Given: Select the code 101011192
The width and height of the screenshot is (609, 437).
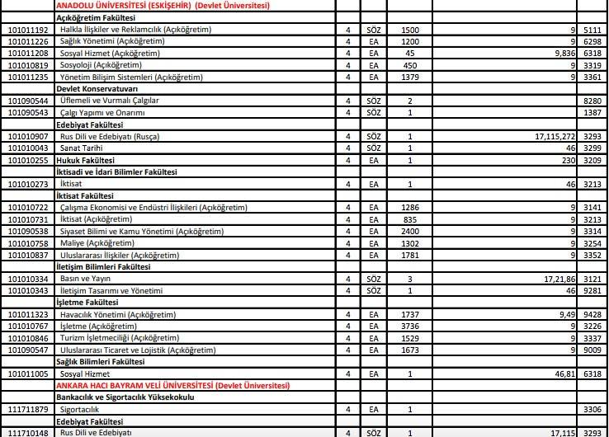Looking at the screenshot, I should click(28, 29).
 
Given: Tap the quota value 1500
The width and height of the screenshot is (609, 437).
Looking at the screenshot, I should click(410, 29).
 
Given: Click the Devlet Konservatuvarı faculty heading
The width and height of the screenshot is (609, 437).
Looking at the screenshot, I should click(97, 87).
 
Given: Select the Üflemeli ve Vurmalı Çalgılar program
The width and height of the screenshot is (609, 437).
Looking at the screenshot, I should click(110, 100).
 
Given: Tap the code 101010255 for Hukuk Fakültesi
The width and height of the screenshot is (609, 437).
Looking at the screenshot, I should click(28, 159).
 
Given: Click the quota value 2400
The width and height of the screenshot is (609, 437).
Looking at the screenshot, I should click(410, 232).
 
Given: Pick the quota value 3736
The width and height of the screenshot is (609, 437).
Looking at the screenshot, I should click(410, 326).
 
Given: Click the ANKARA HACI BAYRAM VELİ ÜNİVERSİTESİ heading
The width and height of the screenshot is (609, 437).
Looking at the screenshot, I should click(172, 385).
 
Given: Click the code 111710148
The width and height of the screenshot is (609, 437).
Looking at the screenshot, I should click(28, 432).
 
